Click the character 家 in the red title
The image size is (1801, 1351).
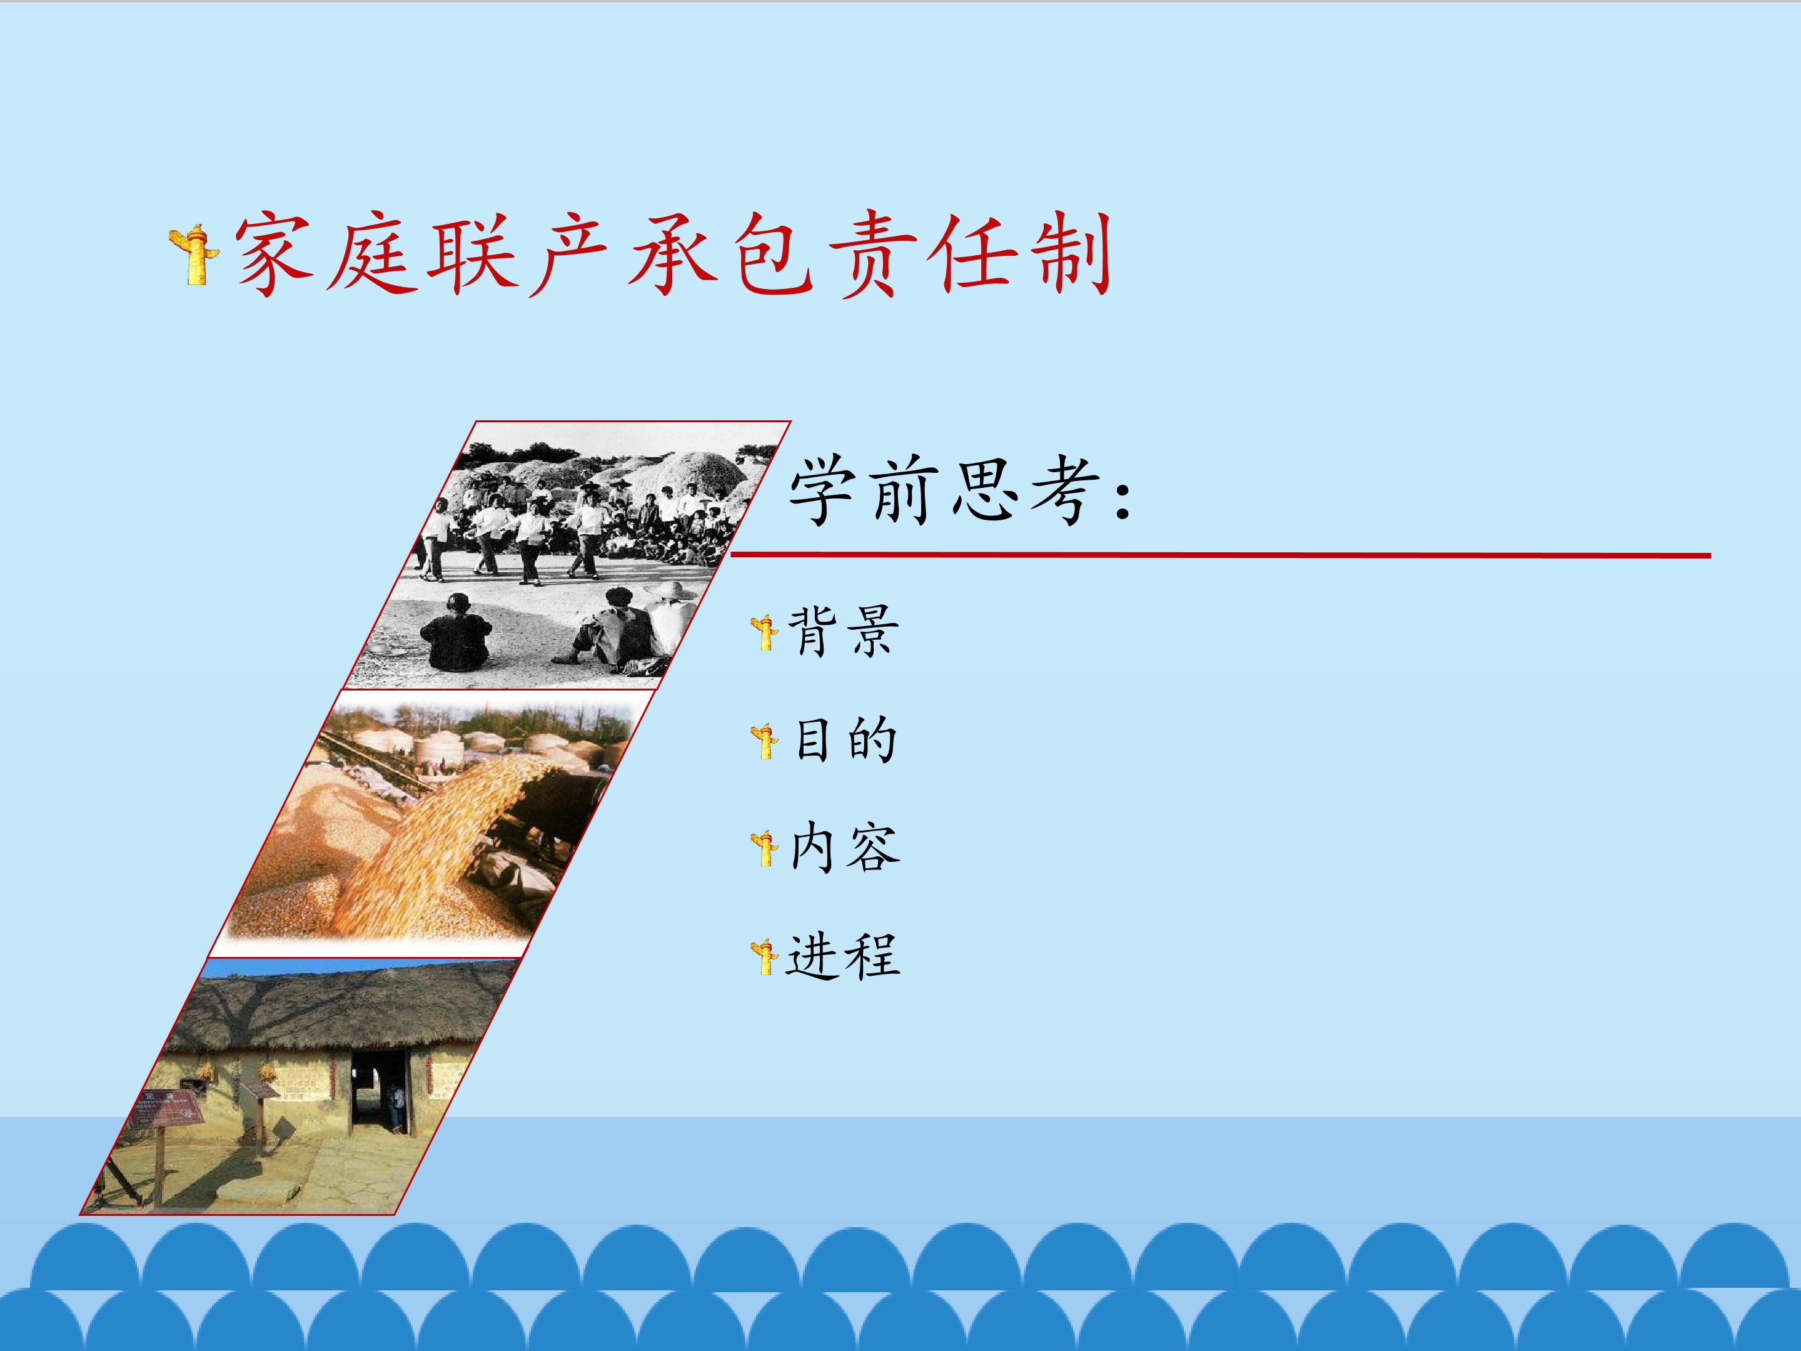click(273, 253)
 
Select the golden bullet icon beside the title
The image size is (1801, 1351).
click(194, 255)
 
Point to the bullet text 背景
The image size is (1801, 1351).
click(844, 631)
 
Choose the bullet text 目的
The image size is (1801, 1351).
click(844, 741)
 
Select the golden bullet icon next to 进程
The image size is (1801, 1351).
click(765, 957)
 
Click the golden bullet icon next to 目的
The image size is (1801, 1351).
click(765, 741)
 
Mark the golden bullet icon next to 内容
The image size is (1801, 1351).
click(765, 849)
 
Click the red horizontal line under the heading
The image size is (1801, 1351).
click(1221, 555)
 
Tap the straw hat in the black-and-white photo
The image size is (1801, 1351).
click(669, 590)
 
